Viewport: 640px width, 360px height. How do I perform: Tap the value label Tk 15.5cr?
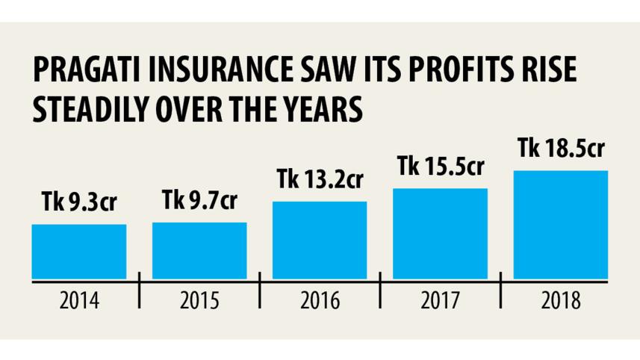(x=441, y=168)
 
